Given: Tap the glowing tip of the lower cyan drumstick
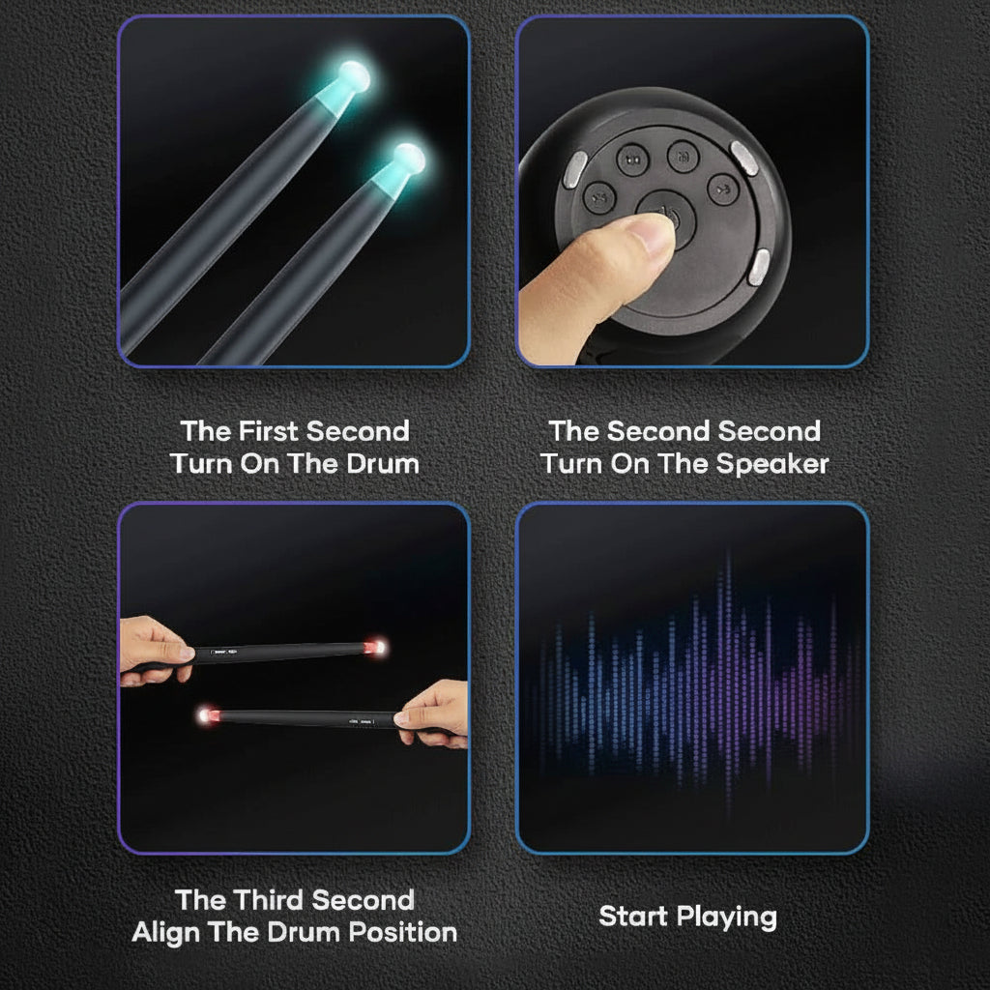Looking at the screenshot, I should pos(409,159).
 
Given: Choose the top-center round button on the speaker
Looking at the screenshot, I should pos(684,156).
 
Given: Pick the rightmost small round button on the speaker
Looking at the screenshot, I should pos(722,189).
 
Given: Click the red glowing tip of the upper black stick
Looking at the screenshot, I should pos(375,645).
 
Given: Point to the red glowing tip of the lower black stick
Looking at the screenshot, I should pos(205,715).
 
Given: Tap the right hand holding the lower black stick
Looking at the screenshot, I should pos(435,713).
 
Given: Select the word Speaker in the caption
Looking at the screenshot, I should pos(772,464).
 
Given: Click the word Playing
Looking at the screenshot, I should pos(727,917).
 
